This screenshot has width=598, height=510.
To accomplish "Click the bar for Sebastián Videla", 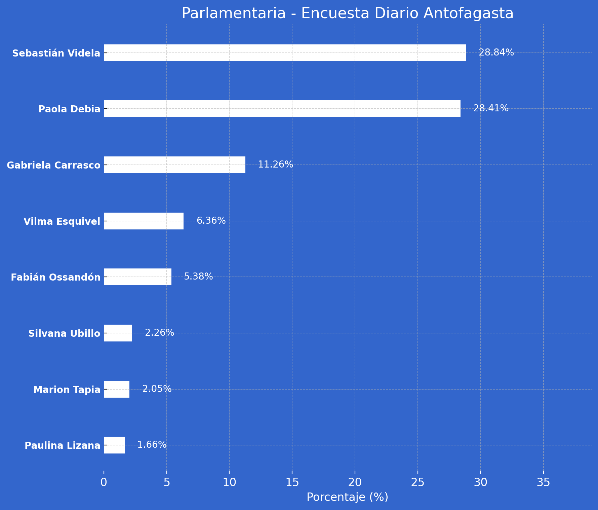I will coord(285,53).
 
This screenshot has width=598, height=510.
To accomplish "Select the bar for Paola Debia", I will coord(282,109).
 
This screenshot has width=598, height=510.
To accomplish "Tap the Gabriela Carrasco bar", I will coord(174,165).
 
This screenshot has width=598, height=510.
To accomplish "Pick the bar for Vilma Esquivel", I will coord(144,221).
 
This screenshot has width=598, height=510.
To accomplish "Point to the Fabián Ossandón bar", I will coord(137,277).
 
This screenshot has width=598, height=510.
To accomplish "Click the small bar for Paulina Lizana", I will coord(114,445).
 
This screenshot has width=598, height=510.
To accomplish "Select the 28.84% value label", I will coord(496,53).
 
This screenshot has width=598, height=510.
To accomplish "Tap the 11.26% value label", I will coord(275,165).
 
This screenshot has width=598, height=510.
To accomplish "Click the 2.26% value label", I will coord(159,333).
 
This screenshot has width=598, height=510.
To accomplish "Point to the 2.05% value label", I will coord(157,389).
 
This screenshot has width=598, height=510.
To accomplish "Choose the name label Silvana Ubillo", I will coord(64,333).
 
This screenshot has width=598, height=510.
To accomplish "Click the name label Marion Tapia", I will coord(67,390).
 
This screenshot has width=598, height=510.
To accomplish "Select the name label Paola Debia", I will coord(69,109).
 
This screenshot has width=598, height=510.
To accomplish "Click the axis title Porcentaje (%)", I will coord(347,497).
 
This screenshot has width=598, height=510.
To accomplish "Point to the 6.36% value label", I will coord(211,221).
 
